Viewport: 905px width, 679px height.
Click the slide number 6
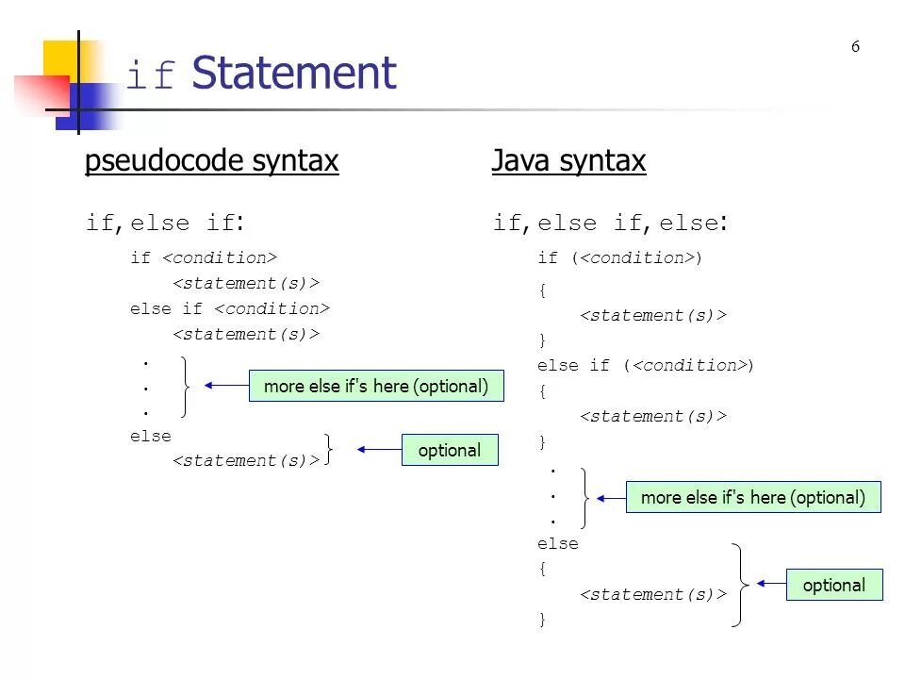pyautogui.click(x=855, y=47)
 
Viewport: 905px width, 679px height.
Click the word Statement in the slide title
pyautogui.click(x=293, y=74)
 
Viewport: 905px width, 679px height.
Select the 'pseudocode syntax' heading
pyautogui.click(x=211, y=161)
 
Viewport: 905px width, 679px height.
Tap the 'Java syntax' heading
pyautogui.click(x=568, y=161)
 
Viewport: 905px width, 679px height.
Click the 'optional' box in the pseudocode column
pyautogui.click(x=449, y=450)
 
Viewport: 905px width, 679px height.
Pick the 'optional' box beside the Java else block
pyautogui.click(x=833, y=585)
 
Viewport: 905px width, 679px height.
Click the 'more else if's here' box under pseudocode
pyautogui.click(x=376, y=386)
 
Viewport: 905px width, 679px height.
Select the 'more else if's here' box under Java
pyautogui.click(x=753, y=497)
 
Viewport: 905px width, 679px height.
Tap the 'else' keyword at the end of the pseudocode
pyautogui.click(x=151, y=436)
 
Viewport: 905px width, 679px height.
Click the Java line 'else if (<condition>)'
pyautogui.click(x=646, y=365)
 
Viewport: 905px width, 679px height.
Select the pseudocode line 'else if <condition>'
pyautogui.click(x=230, y=308)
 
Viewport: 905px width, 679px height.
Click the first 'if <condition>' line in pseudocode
pyautogui.click(x=203, y=257)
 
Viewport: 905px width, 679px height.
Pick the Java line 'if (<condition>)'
pyautogui.click(x=619, y=257)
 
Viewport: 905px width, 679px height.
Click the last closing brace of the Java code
pyautogui.click(x=542, y=619)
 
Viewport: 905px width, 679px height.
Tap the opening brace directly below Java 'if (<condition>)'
pyautogui.click(x=542, y=290)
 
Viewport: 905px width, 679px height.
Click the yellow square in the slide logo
pyautogui.click(x=59, y=58)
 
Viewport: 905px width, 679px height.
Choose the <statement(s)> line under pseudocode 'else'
pyautogui.click(x=245, y=460)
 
